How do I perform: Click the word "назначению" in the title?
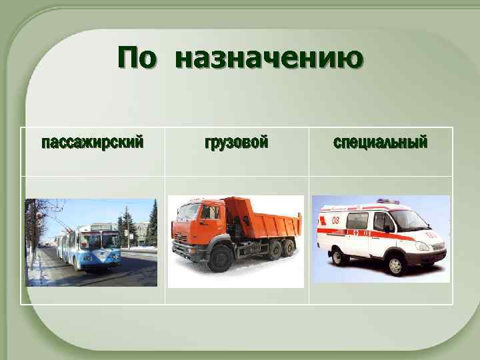(x=269, y=59)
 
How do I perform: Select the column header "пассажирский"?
(x=92, y=143)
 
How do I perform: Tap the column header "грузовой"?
(x=236, y=143)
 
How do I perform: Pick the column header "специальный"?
(x=380, y=143)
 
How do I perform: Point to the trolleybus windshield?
(x=104, y=240)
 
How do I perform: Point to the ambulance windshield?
(x=410, y=219)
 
